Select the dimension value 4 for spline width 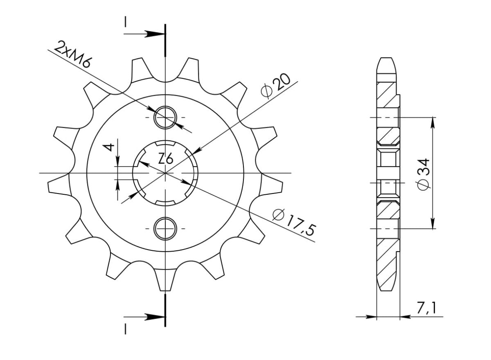coord(109,148)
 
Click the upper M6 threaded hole coord(165,117)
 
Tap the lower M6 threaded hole coord(165,228)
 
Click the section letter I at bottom coord(126,329)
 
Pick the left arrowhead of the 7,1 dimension coord(371,317)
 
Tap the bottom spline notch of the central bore coord(165,203)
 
